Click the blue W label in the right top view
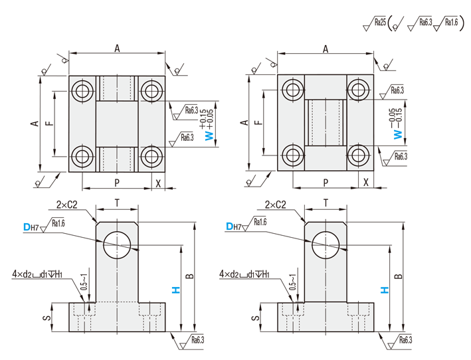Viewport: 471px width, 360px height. [398, 134]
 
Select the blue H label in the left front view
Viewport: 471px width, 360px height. [175, 290]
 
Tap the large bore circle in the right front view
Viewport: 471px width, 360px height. [326, 243]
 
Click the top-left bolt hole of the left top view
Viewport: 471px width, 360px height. [83, 90]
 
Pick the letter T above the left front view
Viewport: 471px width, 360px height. [118, 203]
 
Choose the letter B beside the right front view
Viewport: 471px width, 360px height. [398, 276]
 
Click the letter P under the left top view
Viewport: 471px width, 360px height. [117, 182]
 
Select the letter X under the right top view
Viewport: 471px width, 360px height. [367, 182]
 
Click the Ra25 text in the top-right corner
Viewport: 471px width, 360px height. [380, 22]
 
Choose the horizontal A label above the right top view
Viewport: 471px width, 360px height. [326, 48]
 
